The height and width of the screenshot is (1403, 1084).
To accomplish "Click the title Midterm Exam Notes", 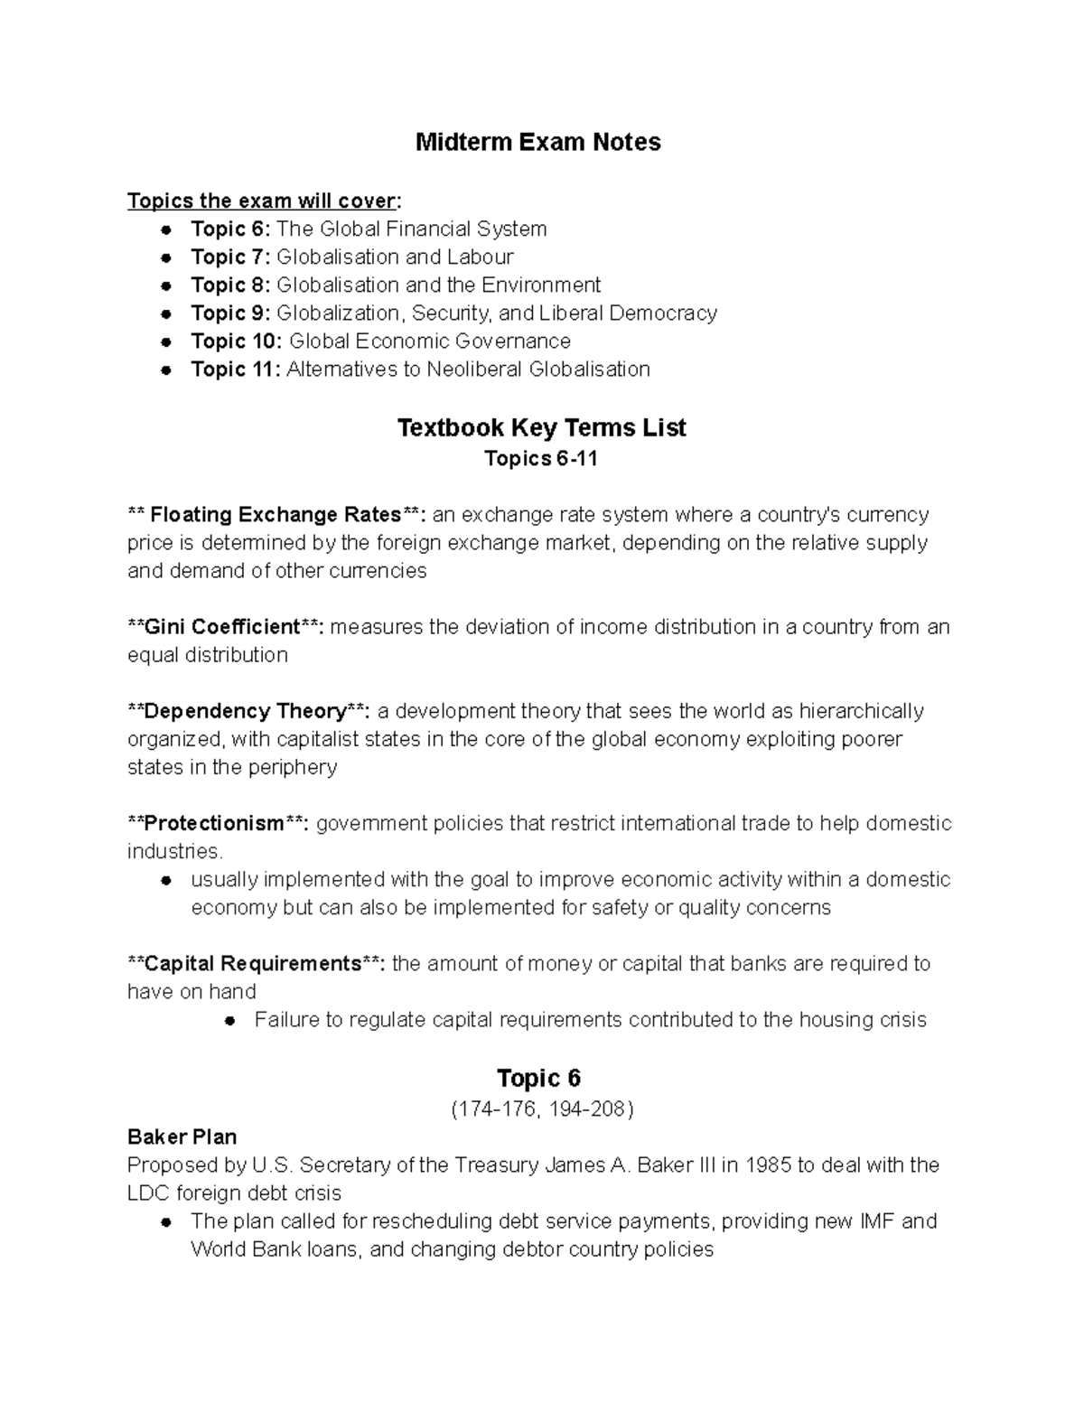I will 537,143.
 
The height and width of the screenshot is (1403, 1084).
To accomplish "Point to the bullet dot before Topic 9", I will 166,314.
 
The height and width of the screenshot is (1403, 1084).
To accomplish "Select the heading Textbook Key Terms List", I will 541,428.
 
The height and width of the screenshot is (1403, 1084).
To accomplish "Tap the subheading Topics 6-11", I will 541,459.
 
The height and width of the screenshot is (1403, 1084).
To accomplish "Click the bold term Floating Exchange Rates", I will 276,515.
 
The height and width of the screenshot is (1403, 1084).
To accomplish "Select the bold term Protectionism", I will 214,824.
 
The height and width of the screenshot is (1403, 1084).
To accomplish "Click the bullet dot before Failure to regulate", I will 230,1021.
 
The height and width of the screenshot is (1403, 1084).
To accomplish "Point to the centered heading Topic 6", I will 538,1079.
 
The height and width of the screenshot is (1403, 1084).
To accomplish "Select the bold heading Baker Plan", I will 182,1136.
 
